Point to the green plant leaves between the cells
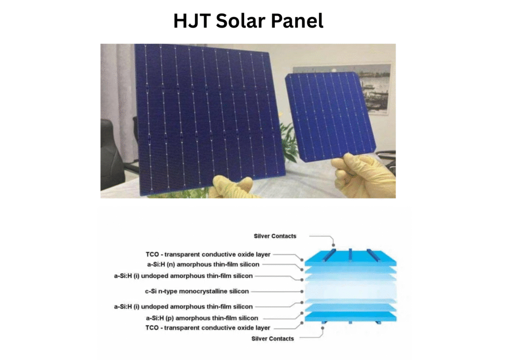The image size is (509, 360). pos(288,137)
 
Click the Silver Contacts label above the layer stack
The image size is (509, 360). pos(275,236)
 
